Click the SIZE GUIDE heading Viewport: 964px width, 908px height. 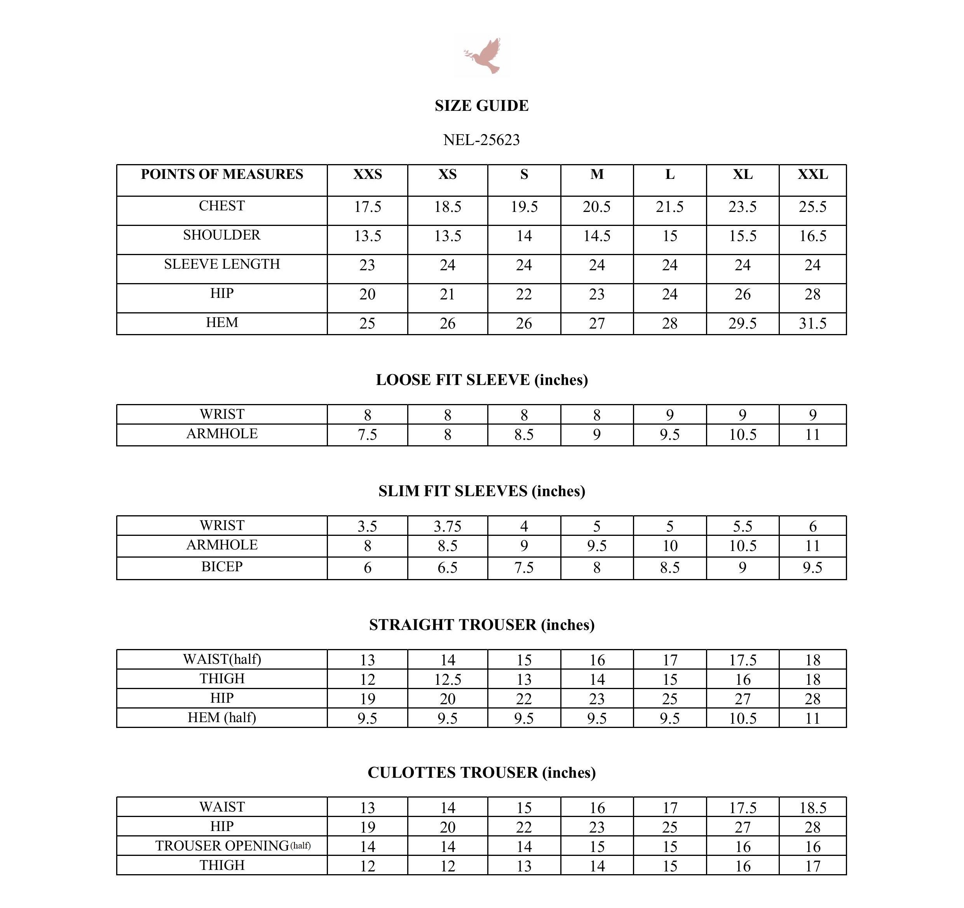pos(481,106)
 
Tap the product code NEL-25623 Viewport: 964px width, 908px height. pos(481,140)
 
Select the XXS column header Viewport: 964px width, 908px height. pos(368,174)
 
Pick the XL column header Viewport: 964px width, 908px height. pos(743,174)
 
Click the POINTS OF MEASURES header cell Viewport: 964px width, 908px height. pos(222,174)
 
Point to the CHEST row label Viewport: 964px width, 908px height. pos(222,206)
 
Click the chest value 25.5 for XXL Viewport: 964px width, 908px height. pos(813,207)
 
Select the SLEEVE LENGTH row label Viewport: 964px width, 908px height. pos(222,264)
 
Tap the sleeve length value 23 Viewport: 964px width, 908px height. pos(368,265)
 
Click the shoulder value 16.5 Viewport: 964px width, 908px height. pos(813,236)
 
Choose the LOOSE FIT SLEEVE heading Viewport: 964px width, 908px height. pos(481,380)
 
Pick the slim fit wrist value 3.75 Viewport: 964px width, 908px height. pos(448,526)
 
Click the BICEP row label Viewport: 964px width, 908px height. pos(222,566)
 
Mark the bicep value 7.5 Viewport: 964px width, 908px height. pos(524,567)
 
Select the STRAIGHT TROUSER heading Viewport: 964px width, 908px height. pos(481,625)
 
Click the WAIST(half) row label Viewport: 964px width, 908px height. pos(222,659)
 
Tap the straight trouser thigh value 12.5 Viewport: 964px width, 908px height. pos(448,679)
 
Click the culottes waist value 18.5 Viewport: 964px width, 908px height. pos(813,808)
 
